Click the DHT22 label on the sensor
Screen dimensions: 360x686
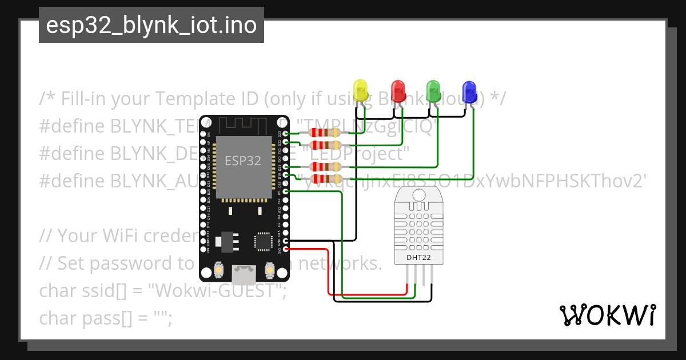point(420,257)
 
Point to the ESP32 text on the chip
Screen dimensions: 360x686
point(243,161)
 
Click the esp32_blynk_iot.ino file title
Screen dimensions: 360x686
point(151,25)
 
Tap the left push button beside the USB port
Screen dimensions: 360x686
point(218,269)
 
